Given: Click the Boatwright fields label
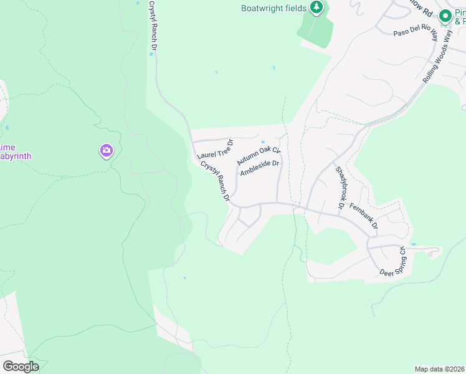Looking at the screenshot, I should click(274, 8).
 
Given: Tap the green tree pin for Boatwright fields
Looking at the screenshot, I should click(317, 7).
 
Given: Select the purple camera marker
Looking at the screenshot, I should click(106, 150).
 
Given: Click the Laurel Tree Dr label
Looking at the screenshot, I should click(214, 149).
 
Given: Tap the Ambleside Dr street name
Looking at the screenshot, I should click(261, 168).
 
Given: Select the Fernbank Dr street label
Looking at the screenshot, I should click(364, 216).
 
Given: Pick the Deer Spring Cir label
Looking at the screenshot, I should click(392, 261).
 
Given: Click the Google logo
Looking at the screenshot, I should click(21, 366).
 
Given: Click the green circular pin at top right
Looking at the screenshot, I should click(445, 17).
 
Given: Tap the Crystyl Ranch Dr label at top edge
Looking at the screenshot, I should click(152, 25).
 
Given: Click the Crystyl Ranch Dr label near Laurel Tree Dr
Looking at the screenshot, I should click(216, 181).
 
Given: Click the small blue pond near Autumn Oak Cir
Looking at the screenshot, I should click(264, 141).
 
